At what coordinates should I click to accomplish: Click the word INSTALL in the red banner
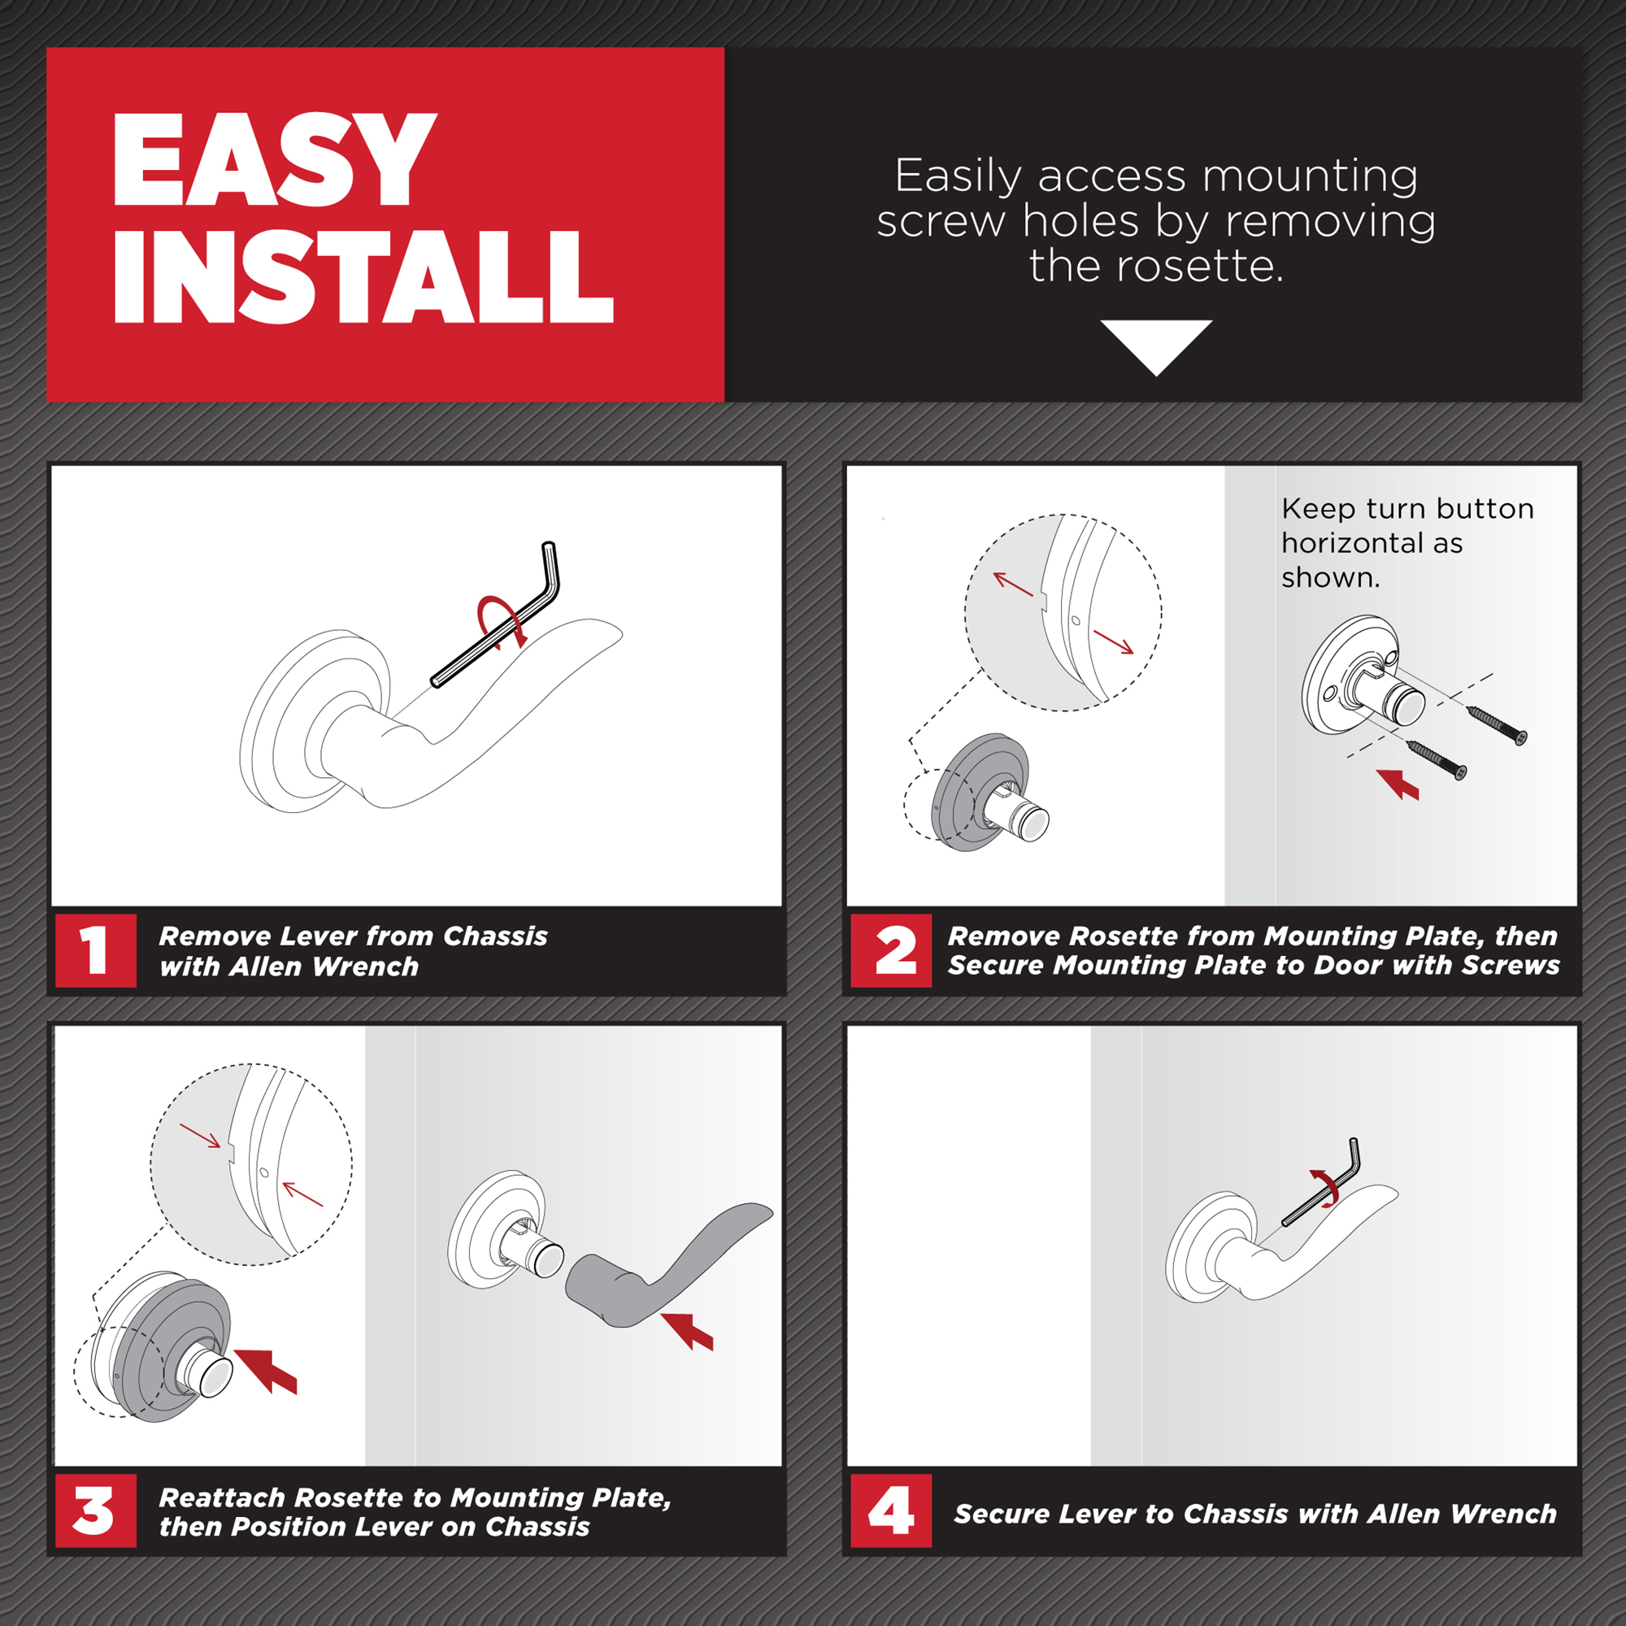(363, 278)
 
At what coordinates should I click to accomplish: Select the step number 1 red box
(95, 950)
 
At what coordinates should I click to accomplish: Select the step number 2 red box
(890, 950)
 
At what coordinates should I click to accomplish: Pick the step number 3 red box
(95, 1511)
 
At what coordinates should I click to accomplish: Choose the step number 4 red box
(890, 1511)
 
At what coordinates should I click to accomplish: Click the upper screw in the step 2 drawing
(1497, 724)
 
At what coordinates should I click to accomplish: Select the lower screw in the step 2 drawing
(1437, 759)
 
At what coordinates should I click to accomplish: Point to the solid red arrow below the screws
(1398, 784)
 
